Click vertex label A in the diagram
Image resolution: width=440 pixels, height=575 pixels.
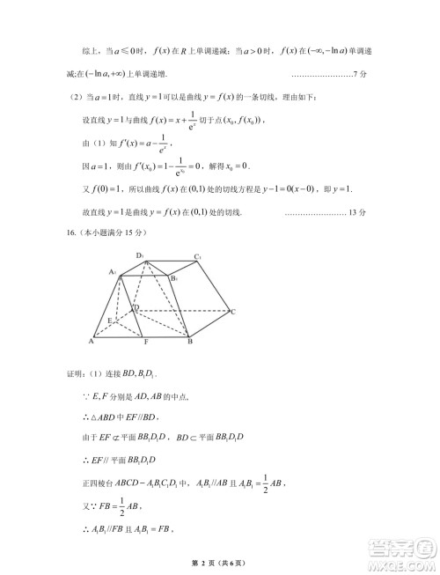click(92, 341)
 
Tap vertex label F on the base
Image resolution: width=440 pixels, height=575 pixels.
click(145, 342)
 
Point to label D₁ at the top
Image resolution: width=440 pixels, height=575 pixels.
click(140, 255)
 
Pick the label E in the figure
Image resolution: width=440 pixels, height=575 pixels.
click(109, 320)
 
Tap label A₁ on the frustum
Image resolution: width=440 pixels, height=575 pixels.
click(114, 273)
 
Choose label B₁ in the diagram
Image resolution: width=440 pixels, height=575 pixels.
click(174, 278)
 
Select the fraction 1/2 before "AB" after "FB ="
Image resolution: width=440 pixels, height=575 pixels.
click(111, 511)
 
